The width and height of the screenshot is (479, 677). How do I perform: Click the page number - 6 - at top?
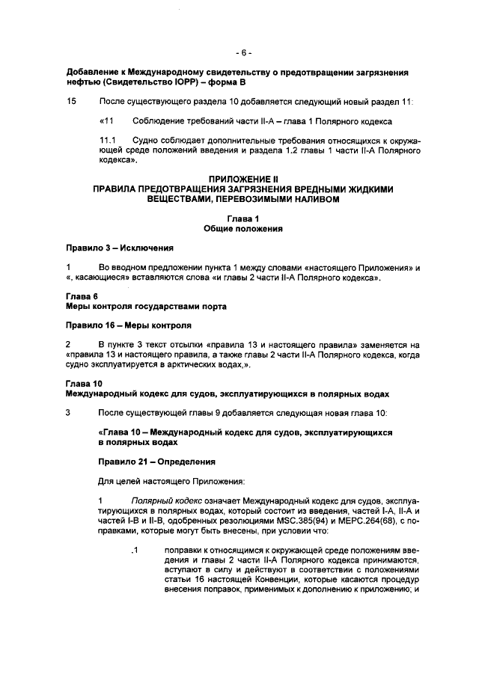click(243, 53)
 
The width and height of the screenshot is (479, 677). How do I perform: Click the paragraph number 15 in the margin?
click(71, 101)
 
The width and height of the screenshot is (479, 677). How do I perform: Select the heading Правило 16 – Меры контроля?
click(128, 325)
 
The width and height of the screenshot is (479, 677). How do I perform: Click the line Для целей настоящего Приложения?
click(162, 481)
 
